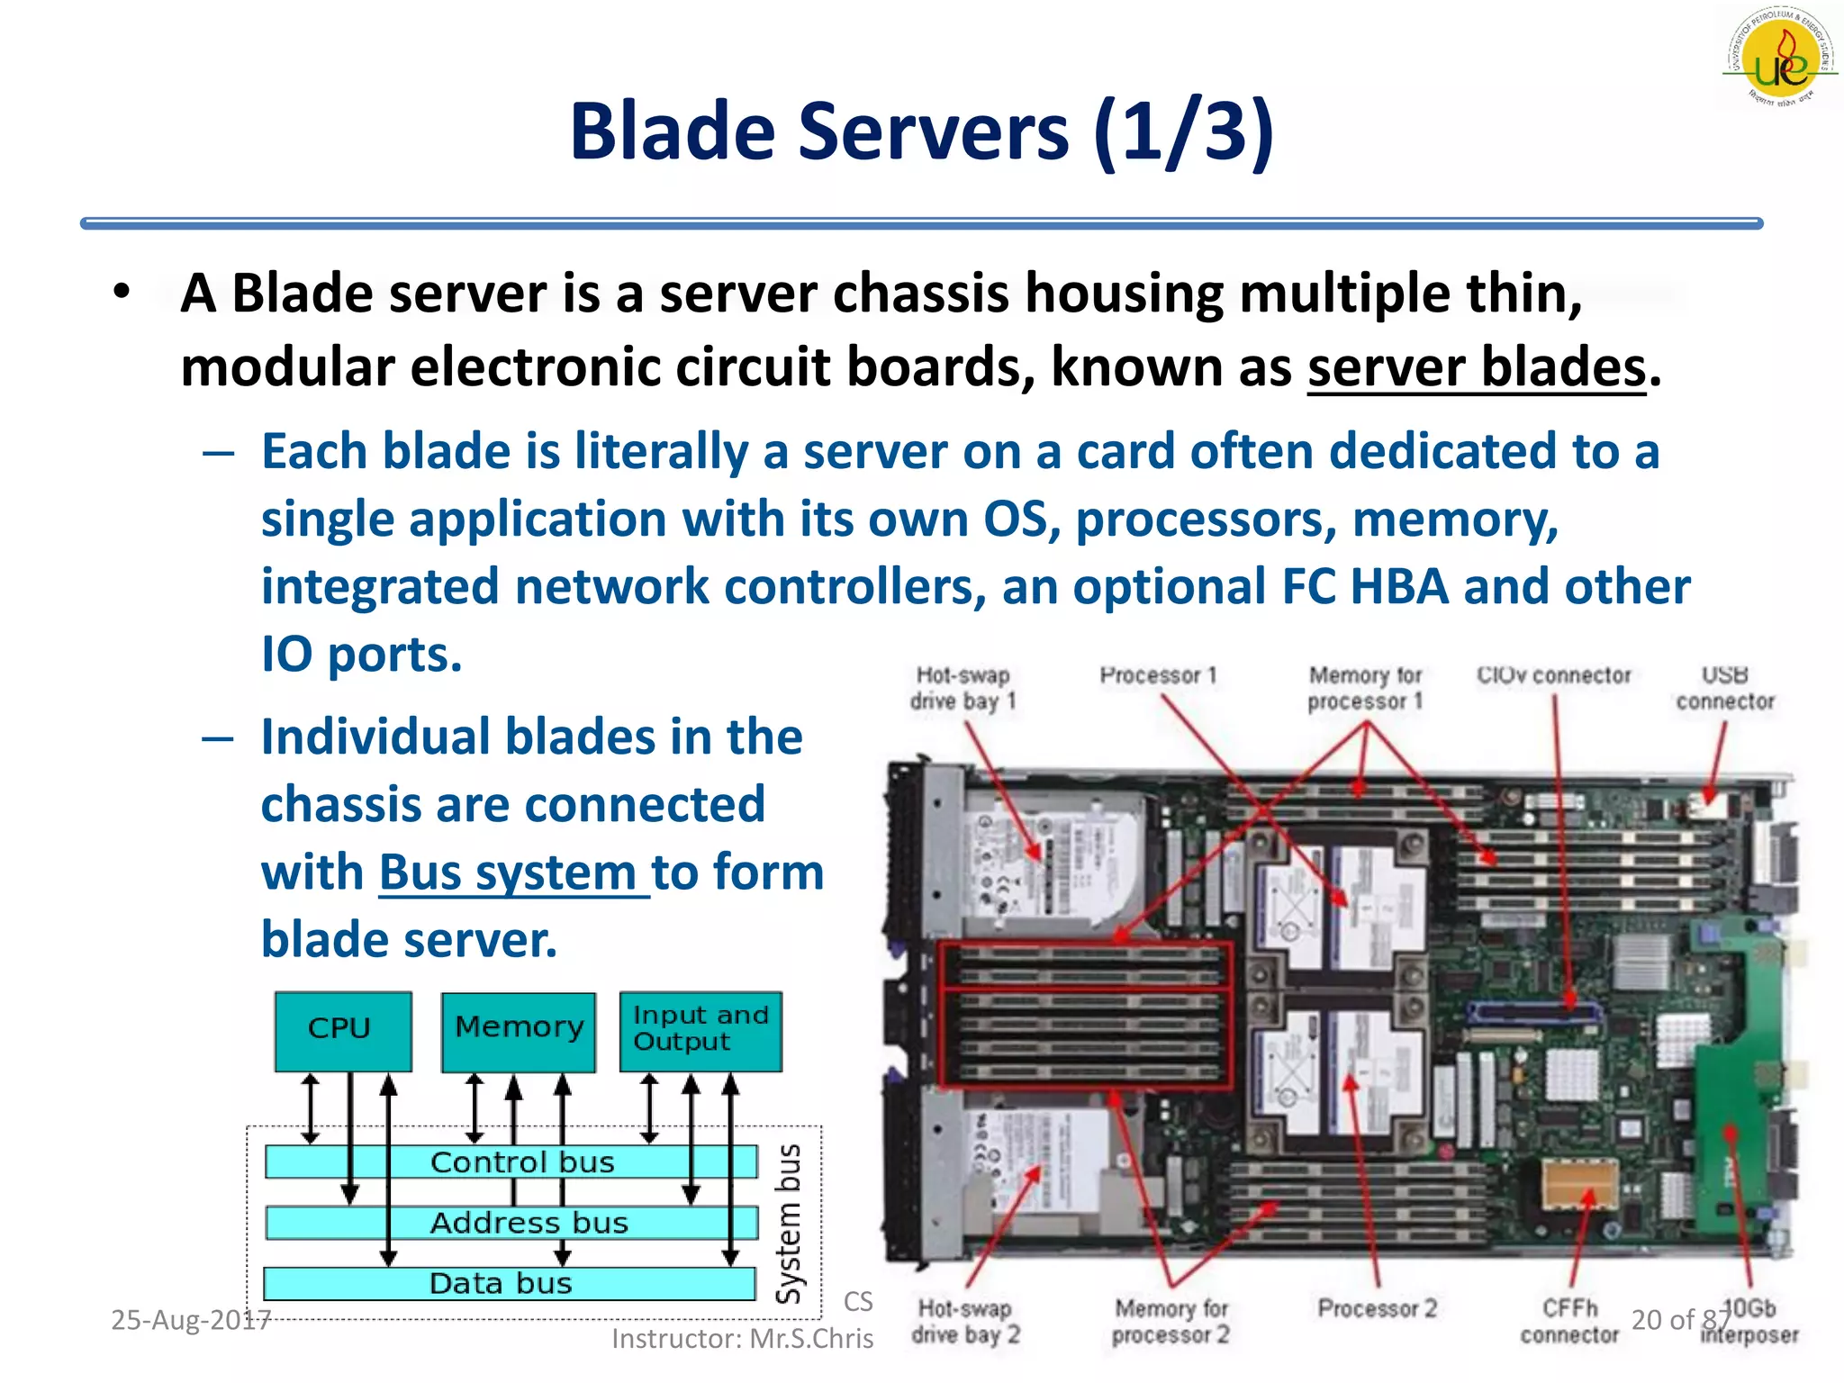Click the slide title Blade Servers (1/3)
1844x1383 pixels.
(x=922, y=131)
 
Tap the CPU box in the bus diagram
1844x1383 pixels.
(x=343, y=1030)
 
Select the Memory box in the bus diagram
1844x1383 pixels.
(x=519, y=1030)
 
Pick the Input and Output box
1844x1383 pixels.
(x=701, y=1030)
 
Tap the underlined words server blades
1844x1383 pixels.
(x=1477, y=369)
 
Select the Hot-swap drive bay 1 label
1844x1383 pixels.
(x=963, y=688)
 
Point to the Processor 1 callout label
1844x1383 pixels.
(x=1158, y=675)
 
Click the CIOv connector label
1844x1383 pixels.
(x=1553, y=675)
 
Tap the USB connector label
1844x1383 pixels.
(x=1724, y=688)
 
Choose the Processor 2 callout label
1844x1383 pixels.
(x=1377, y=1308)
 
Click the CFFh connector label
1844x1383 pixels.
(x=1569, y=1321)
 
